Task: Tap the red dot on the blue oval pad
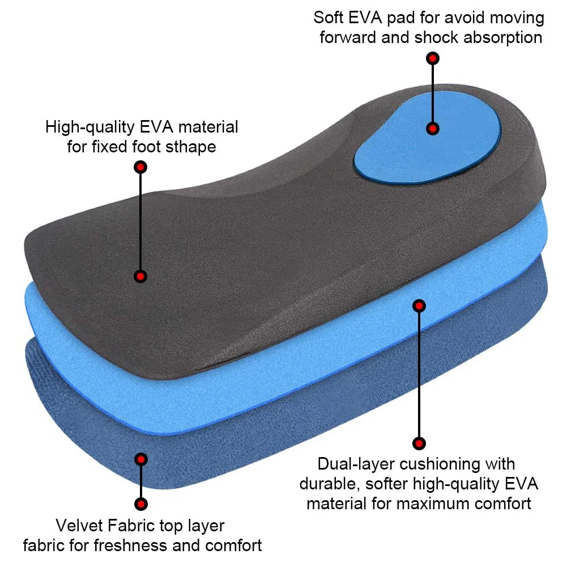coord(433,129)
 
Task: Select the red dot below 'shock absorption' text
coord(433,58)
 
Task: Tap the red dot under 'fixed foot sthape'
coord(140,167)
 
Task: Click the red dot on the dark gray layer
coord(140,276)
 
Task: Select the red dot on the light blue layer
coord(419,306)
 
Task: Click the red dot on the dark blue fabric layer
coord(141,459)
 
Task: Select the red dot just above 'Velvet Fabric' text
coord(141,504)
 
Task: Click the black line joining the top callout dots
coord(433,93)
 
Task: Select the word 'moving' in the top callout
coord(516,18)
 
